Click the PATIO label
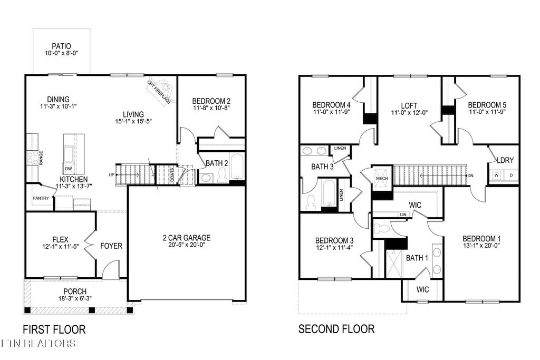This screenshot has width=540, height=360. [61, 46]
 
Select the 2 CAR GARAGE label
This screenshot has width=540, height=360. [186, 237]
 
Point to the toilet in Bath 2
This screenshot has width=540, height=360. [222, 177]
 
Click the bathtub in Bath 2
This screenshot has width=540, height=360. [236, 168]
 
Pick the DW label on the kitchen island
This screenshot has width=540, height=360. [69, 169]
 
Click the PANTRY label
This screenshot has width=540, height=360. [40, 199]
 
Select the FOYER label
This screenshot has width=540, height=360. [111, 246]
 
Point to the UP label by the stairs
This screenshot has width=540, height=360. [111, 174]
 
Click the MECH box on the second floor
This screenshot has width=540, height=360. [381, 178]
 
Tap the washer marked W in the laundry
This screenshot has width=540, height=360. [496, 175]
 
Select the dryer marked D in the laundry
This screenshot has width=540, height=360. [510, 175]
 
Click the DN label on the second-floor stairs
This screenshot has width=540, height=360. [470, 176]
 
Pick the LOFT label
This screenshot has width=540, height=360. [409, 105]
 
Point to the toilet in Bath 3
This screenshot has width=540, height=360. [311, 202]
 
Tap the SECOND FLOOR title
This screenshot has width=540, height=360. [336, 329]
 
